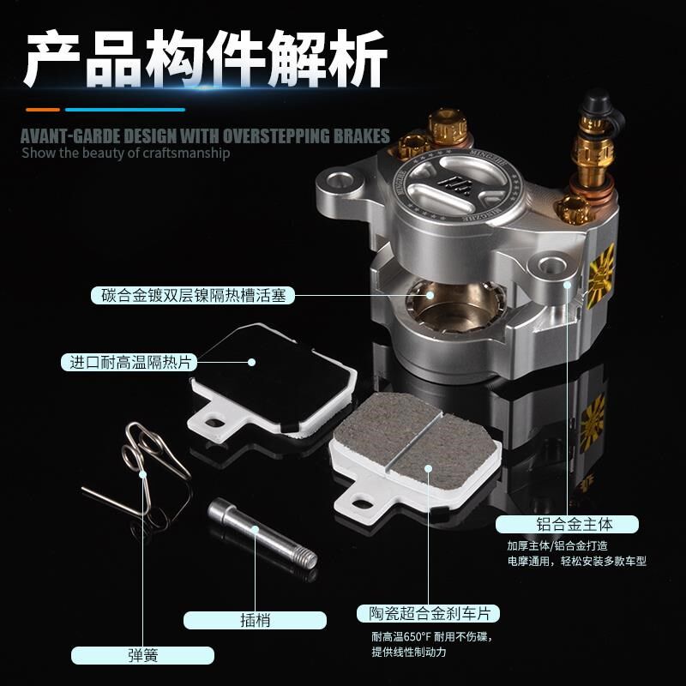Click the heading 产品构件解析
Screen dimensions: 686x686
click(206, 58)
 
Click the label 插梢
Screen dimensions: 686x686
click(255, 620)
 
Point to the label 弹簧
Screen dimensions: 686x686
click(142, 657)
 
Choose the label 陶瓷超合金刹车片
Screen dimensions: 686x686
click(428, 614)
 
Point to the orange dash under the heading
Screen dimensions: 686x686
click(42, 110)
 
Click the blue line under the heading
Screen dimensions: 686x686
click(125, 110)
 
